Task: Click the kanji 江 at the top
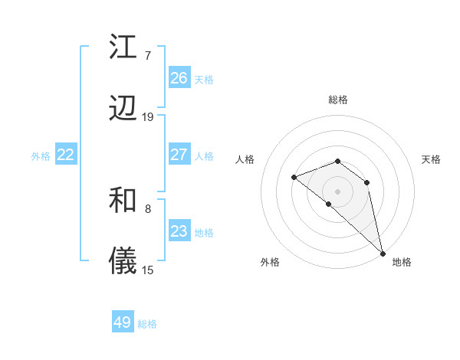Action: tap(123, 47)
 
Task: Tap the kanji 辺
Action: tap(123, 110)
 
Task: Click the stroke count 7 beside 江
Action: tap(147, 55)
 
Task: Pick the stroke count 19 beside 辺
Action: tap(148, 117)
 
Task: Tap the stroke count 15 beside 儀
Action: tap(148, 270)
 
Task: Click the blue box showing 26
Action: tap(179, 78)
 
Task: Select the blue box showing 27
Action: tap(179, 155)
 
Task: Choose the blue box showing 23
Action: tap(179, 231)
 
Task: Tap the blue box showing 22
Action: tap(66, 155)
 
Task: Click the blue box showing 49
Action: tap(123, 322)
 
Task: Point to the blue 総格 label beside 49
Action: tap(147, 324)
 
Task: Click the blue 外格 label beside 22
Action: tap(41, 156)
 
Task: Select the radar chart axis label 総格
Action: tap(338, 100)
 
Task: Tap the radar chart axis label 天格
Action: tap(431, 159)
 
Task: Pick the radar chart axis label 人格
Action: tap(245, 159)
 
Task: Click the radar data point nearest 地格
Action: tap(383, 253)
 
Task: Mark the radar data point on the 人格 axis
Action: tap(294, 177)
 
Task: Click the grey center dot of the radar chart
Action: tap(338, 191)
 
